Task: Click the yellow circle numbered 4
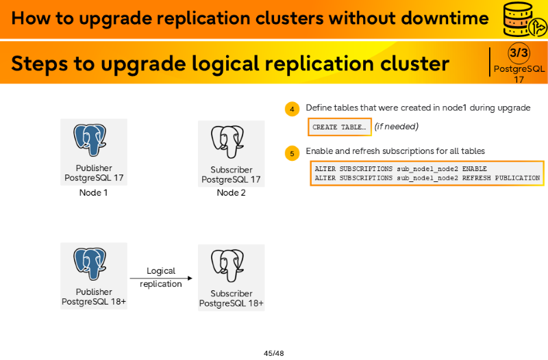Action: point(292,109)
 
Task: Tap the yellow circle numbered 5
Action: point(292,153)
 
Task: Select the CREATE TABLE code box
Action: point(339,127)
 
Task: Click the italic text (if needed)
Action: point(397,127)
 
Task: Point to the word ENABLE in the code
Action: point(474,169)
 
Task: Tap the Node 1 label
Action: point(93,193)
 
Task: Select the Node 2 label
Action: point(231,193)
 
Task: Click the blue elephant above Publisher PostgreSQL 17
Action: point(90,140)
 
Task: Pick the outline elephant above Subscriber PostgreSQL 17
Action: point(227,142)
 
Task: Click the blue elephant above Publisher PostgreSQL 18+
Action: point(90,264)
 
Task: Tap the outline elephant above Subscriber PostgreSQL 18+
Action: point(227,266)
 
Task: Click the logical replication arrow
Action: point(161,279)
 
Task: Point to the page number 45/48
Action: point(273,353)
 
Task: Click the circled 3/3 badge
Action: point(519,53)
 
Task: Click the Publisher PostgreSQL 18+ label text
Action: point(94,297)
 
